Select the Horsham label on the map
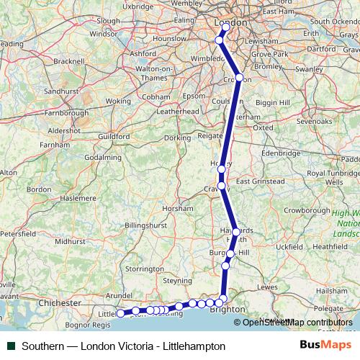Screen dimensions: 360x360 (177, 207)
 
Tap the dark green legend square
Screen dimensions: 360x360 (10, 346)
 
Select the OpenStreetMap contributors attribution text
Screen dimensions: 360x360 (297, 323)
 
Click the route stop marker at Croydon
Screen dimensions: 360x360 (239, 78)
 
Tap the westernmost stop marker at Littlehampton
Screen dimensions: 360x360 (120, 313)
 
